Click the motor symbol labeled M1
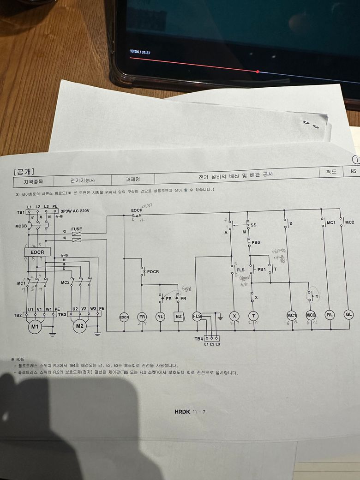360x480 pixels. (x=35, y=327)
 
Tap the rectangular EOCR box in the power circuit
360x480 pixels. (x=37, y=252)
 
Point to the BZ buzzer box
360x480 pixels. (x=179, y=317)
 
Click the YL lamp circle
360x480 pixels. (x=160, y=317)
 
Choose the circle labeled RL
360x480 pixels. (x=330, y=315)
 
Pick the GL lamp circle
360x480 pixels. (x=349, y=314)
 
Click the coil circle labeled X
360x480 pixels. (x=234, y=316)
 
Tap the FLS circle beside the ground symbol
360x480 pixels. (x=197, y=316)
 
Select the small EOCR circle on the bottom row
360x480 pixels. (x=124, y=317)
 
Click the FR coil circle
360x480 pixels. (x=142, y=317)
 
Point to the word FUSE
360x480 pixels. (x=77, y=229)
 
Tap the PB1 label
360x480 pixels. (x=262, y=269)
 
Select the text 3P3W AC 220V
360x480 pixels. (x=76, y=210)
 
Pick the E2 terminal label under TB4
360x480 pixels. (x=212, y=344)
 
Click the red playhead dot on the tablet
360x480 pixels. (x=258, y=72)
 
